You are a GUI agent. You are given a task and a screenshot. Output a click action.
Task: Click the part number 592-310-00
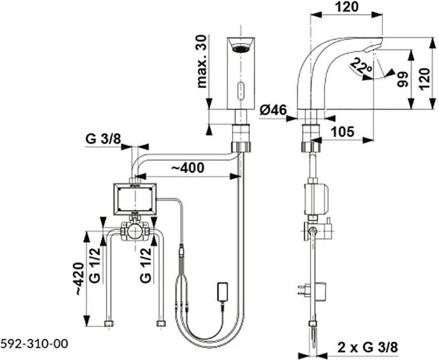(x=34, y=343)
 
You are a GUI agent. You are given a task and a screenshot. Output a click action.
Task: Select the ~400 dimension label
(x=188, y=168)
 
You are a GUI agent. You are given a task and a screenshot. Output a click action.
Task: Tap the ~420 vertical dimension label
(x=79, y=278)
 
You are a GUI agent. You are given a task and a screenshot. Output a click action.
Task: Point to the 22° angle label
(x=360, y=65)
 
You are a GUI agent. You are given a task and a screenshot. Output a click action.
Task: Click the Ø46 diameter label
(x=273, y=110)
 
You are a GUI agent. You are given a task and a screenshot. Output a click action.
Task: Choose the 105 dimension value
(x=342, y=131)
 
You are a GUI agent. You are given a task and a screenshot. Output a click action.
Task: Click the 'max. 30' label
(x=202, y=61)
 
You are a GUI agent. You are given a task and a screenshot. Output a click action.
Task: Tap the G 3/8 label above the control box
(x=103, y=139)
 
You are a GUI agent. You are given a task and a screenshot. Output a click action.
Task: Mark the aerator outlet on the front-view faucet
(x=241, y=48)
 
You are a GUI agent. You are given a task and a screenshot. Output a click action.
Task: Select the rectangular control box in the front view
(x=134, y=199)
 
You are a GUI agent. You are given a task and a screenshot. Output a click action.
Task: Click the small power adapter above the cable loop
(x=223, y=293)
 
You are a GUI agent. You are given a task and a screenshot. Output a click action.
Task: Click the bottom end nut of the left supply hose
(x=109, y=324)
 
